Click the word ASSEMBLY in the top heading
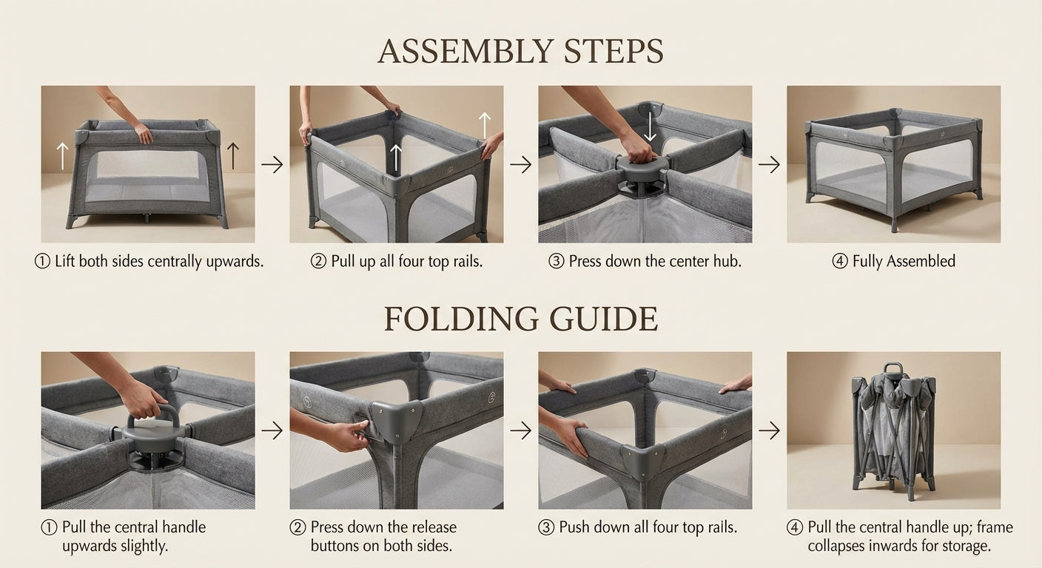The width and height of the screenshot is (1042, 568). pyautogui.click(x=465, y=51)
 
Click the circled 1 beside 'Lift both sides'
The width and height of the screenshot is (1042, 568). pyautogui.click(x=42, y=261)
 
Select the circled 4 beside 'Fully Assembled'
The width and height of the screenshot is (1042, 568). pyautogui.click(x=840, y=261)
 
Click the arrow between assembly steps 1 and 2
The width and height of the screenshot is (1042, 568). pyautogui.click(x=272, y=164)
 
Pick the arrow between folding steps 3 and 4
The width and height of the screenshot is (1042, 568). pyautogui.click(x=770, y=430)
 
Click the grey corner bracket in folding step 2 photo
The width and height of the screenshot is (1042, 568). pyautogui.click(x=397, y=421)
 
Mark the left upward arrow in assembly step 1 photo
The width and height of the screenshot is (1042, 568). pyautogui.click(x=62, y=156)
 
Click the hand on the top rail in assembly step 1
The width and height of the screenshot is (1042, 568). pyautogui.click(x=143, y=132)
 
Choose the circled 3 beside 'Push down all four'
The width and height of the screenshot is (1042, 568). pyautogui.click(x=546, y=527)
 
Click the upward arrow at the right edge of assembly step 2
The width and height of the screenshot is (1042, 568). pyautogui.click(x=485, y=125)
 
